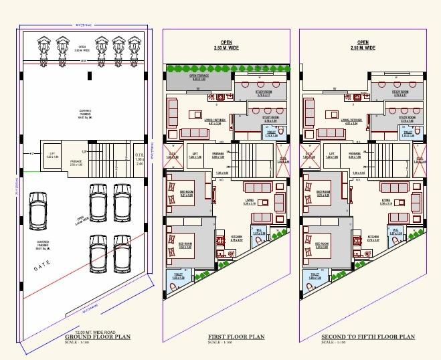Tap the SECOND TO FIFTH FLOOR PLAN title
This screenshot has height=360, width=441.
[x=367, y=337]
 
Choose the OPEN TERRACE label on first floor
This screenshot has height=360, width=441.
[x=199, y=78]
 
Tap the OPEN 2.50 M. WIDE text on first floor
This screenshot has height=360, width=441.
[x=226, y=45]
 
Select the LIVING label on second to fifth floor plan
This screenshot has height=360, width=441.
[x=386, y=201]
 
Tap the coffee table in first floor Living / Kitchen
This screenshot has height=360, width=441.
[x=199, y=110]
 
